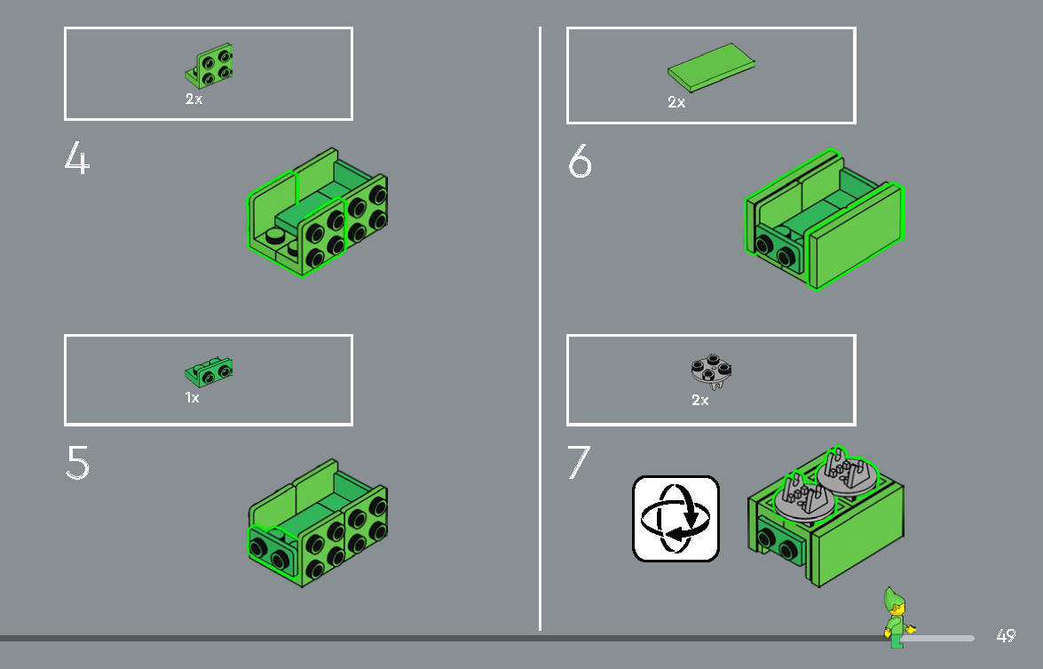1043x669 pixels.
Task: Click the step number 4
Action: point(76,158)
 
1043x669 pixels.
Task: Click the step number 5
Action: point(77,462)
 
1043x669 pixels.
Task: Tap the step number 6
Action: point(580,161)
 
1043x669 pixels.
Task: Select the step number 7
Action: point(578,462)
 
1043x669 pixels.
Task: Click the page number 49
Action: point(1006,636)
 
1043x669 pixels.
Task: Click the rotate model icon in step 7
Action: point(676,519)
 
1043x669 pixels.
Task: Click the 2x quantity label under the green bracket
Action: point(194,100)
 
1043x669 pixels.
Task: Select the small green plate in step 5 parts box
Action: point(209,372)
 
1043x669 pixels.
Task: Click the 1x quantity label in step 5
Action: point(193,398)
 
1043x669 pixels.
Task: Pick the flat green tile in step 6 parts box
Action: point(711,68)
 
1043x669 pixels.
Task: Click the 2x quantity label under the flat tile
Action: point(676,102)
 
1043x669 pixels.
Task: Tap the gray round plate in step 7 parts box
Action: point(711,371)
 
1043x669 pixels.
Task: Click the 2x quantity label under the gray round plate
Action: point(699,400)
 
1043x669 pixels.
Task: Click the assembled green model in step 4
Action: point(317,211)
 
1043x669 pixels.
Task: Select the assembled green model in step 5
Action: point(318,522)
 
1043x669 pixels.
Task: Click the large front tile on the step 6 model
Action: point(855,236)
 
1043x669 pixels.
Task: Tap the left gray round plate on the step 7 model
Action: point(802,499)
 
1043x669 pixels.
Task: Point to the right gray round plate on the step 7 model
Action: point(845,473)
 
